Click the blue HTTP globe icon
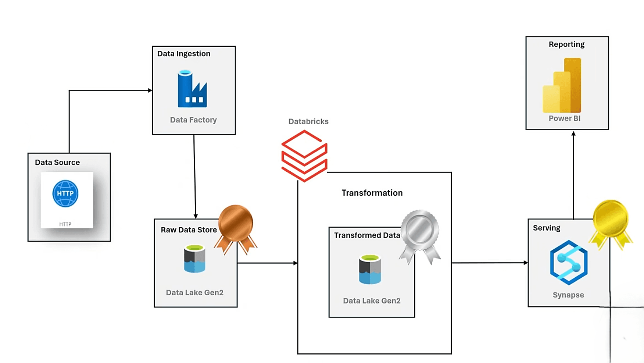pos(65,193)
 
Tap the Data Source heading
pos(57,163)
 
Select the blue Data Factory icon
pos(192,89)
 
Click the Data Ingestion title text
pos(184,54)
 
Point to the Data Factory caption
pos(193,120)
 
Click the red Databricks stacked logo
pos(304,156)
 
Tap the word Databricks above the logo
pos(308,121)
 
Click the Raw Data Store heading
pos(189,230)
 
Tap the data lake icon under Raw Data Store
pos(194,259)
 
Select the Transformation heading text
pos(372,193)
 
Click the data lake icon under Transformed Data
pos(370,269)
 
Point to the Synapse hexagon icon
pos(569,263)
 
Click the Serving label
pos(547,228)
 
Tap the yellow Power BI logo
pos(562,86)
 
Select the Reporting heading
pos(566,45)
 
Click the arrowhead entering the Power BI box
pos(573,134)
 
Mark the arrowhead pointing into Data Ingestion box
pos(150,90)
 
